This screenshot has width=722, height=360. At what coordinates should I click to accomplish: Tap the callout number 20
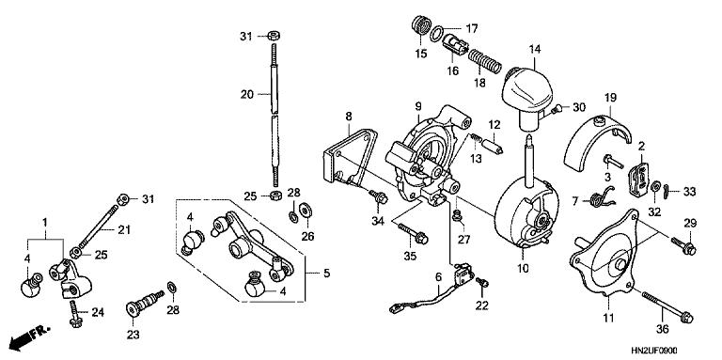246,94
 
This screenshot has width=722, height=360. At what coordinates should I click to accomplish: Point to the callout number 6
438,275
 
